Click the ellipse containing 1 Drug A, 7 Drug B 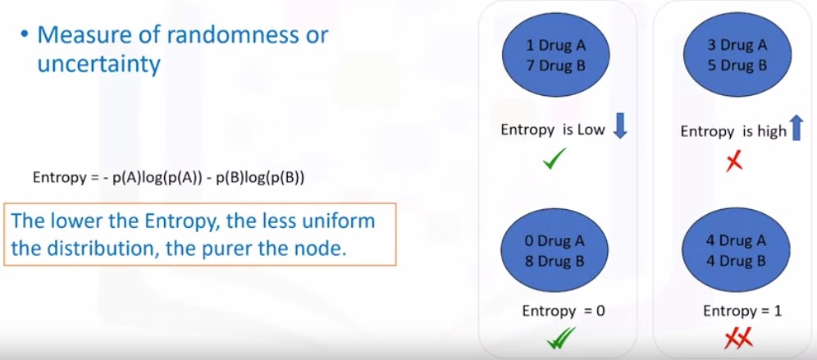(x=556, y=55)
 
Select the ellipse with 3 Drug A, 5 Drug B (x=737, y=55)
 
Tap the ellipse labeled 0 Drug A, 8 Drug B (x=555, y=250)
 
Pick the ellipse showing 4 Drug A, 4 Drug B (x=736, y=250)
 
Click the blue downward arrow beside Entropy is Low (x=620, y=127)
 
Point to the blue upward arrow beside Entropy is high (x=796, y=128)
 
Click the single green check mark (x=555, y=157)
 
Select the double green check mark (x=561, y=338)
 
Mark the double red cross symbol (x=739, y=339)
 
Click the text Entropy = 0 (x=564, y=311)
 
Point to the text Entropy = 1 (x=742, y=311)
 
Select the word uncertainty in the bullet (x=98, y=65)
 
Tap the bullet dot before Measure (x=24, y=35)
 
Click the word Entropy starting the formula (x=59, y=178)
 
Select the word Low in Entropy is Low (x=591, y=130)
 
